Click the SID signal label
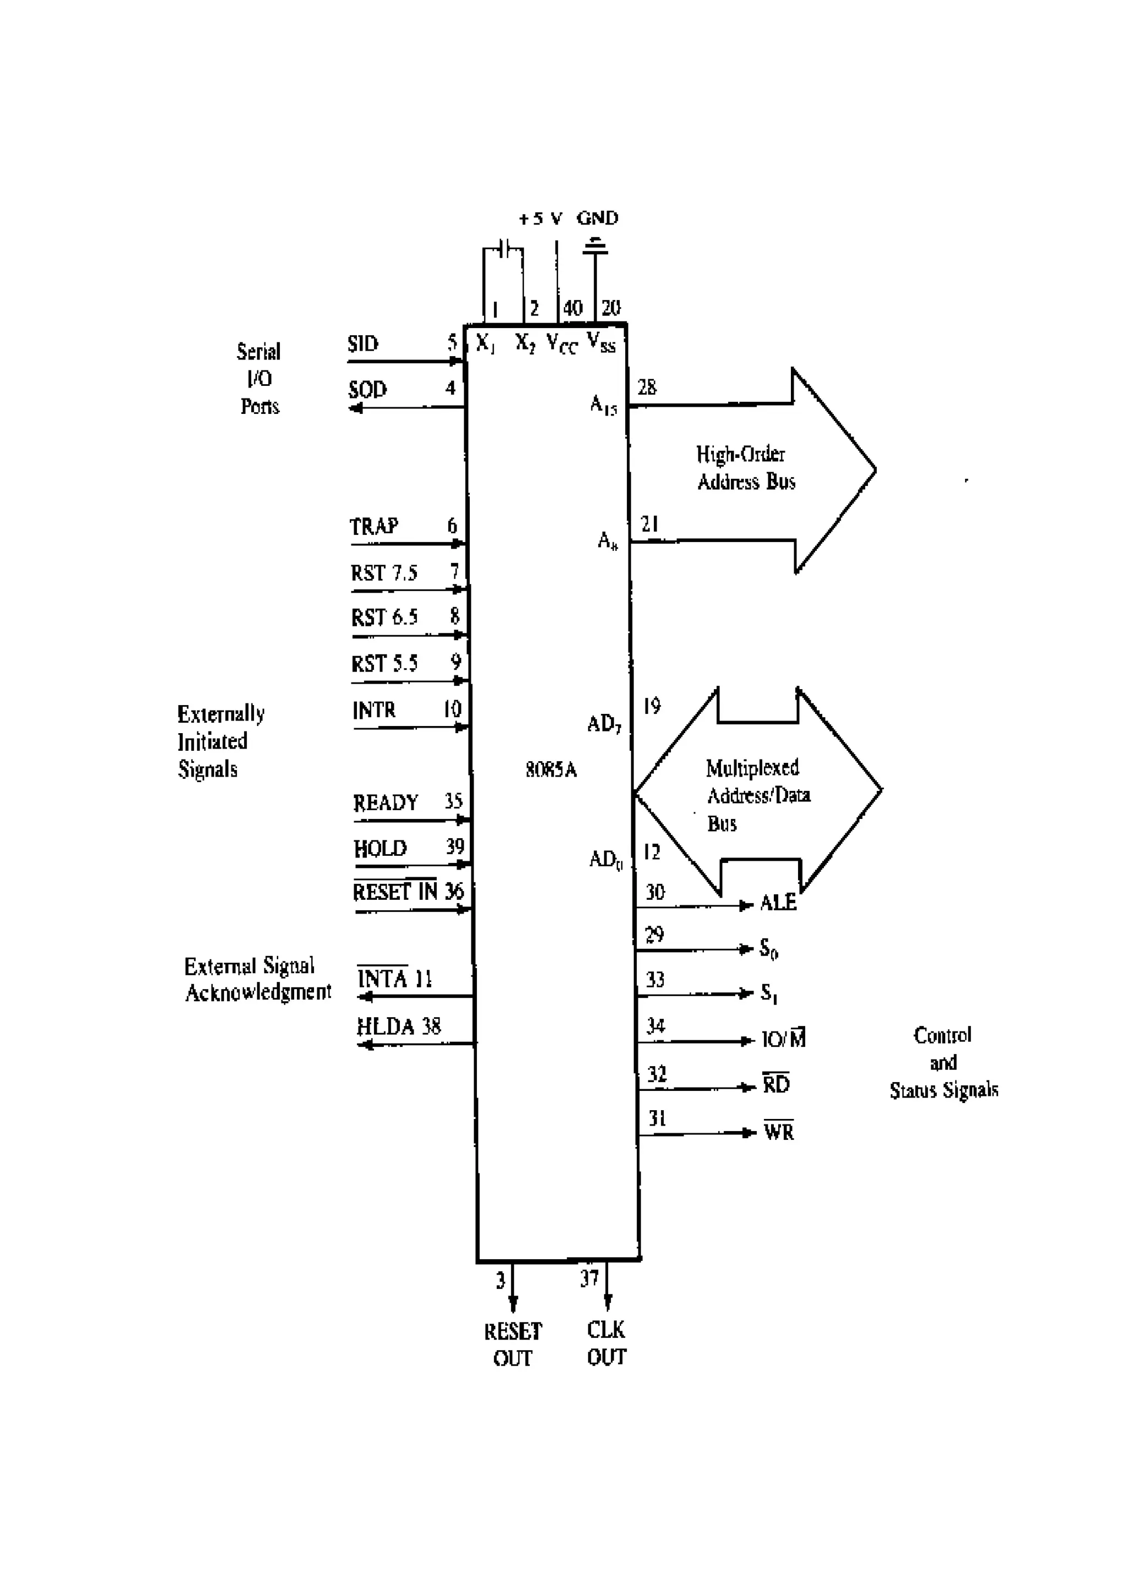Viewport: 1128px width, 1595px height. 363,344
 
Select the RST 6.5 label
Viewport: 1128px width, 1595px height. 384,618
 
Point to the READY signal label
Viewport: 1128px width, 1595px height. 386,803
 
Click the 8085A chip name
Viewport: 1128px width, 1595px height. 551,770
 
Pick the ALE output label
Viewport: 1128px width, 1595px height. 778,903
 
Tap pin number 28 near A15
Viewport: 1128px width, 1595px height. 647,387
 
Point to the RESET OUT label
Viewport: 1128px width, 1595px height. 513,1344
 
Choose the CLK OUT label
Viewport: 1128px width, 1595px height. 606,1343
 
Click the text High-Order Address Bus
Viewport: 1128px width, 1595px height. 745,467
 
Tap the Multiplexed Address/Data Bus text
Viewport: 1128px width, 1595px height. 756,795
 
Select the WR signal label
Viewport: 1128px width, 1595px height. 778,1132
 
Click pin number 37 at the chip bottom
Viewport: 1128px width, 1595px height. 589,1278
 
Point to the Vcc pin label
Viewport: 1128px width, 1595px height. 562,343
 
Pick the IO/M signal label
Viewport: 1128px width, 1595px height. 783,1039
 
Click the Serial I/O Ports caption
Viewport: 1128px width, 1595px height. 258,379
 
